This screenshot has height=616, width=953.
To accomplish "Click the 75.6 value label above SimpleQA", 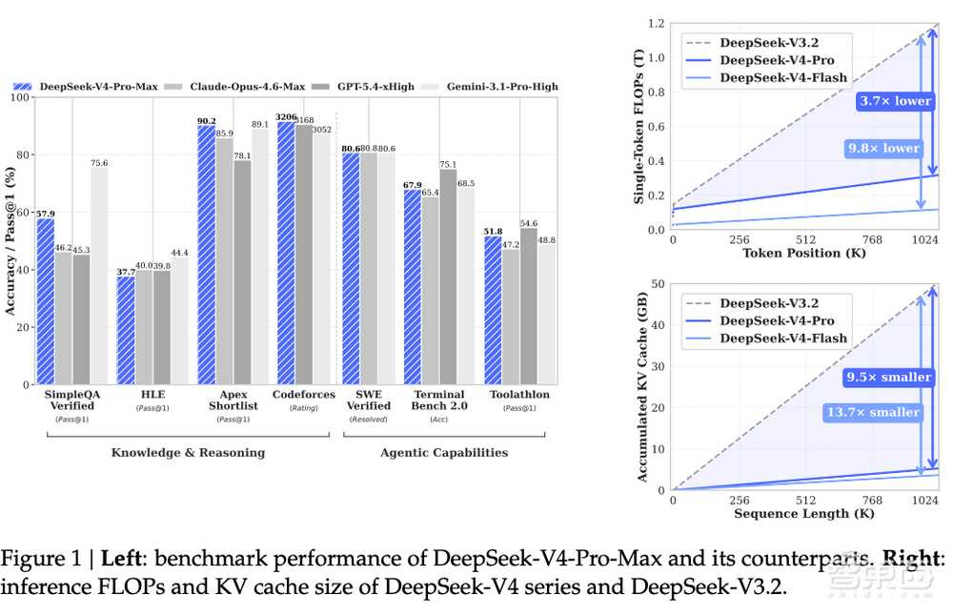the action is click(x=99, y=163).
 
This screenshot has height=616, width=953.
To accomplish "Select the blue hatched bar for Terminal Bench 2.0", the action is click(x=412, y=287).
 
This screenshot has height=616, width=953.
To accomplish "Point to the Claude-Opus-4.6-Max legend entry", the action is click(x=234, y=87).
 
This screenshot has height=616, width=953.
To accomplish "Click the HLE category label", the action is click(x=152, y=394).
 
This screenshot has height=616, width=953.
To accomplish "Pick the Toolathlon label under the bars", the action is click(x=519, y=394).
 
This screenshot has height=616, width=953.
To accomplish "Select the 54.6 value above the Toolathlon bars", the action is click(x=529, y=223).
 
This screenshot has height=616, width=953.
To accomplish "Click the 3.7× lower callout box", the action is click(x=895, y=101).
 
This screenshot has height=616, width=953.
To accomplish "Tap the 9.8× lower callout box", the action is click(x=883, y=149).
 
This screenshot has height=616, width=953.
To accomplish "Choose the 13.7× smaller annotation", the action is click(x=873, y=412).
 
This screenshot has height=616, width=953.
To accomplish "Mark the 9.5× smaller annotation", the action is click(x=889, y=377).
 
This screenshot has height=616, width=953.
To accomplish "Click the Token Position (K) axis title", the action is click(x=803, y=253).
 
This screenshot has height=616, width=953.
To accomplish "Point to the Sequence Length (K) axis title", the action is click(x=804, y=514).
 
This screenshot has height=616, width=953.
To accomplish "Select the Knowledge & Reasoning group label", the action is click(x=188, y=452).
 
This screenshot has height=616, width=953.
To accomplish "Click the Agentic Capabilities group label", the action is click(x=444, y=452).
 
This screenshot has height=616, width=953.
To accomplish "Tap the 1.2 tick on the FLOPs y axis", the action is click(x=656, y=24).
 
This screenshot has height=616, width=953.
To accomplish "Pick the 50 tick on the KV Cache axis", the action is click(x=658, y=284).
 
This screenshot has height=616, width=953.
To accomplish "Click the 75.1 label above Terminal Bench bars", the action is click(x=448, y=164).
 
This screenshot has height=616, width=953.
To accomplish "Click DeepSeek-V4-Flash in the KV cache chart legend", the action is click(x=783, y=339).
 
